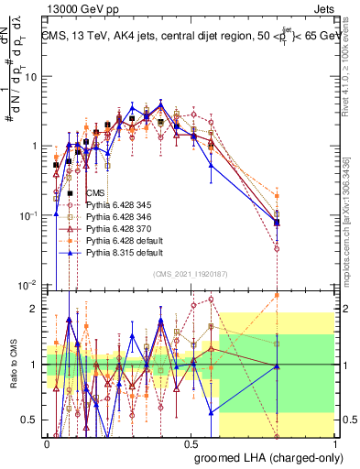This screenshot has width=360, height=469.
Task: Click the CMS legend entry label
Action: point(95,192)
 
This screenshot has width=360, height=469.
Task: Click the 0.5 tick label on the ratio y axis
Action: point(34,420)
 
